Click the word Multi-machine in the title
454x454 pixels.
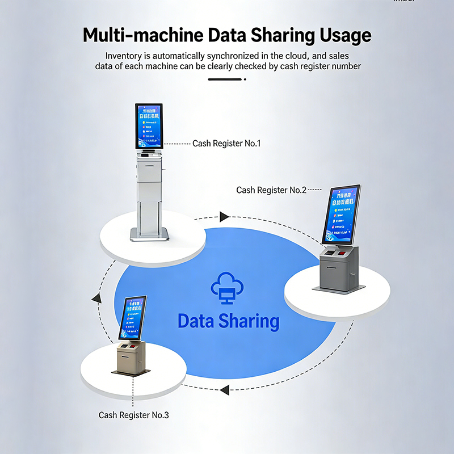(x=142, y=35)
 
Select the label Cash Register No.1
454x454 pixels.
(x=226, y=144)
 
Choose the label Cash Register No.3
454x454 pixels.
(x=134, y=415)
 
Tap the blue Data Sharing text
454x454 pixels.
(x=228, y=321)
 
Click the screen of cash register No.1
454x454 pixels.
(x=149, y=127)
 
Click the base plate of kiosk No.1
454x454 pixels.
(x=149, y=234)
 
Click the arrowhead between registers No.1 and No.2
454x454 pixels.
(x=225, y=216)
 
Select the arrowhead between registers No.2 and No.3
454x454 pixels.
(x=225, y=390)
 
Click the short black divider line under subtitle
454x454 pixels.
(x=225, y=79)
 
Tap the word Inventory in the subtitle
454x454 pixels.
(x=123, y=56)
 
